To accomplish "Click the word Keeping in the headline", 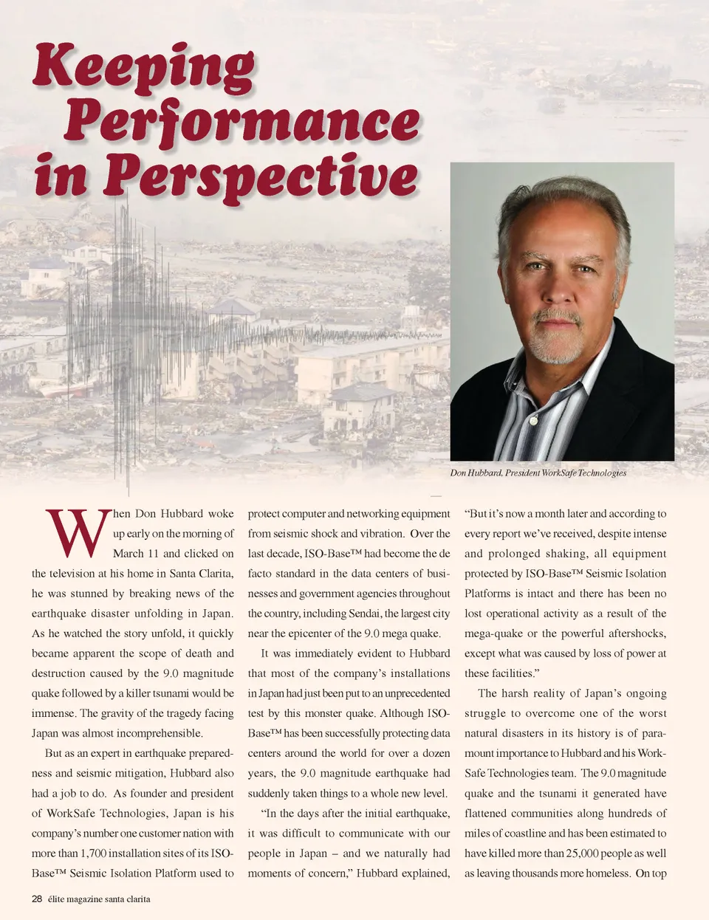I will (144, 68).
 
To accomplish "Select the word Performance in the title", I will (242, 122).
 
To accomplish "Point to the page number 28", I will (37, 899).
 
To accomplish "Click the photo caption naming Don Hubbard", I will (538, 473).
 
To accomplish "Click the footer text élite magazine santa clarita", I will (99, 899).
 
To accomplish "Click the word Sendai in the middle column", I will (362, 614).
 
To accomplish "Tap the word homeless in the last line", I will (607, 873).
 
